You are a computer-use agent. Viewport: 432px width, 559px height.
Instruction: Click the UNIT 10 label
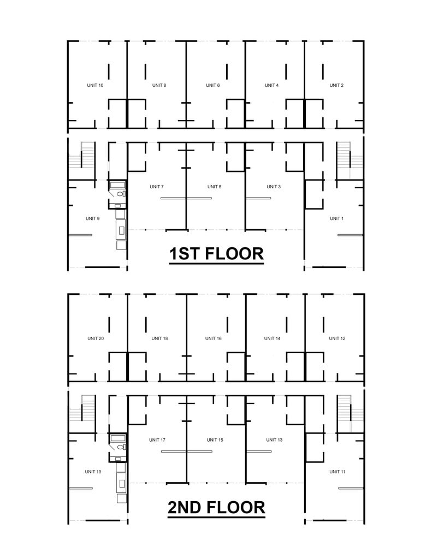click(95, 85)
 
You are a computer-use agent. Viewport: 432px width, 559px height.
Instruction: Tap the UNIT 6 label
click(212, 85)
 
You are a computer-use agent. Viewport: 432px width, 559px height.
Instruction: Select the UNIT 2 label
click(336, 85)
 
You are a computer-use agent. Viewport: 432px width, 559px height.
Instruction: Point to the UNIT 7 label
click(157, 187)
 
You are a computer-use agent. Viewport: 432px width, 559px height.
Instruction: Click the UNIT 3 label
click(274, 187)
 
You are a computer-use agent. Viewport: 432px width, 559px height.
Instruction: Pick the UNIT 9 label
click(92, 218)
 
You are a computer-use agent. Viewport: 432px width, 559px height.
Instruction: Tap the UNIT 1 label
click(336, 218)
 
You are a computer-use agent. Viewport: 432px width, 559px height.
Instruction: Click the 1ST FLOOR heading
click(216, 254)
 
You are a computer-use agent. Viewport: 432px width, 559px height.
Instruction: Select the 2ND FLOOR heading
click(216, 507)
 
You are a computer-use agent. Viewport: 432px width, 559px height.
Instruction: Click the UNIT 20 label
click(95, 338)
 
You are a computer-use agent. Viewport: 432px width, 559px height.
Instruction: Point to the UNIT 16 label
click(213, 338)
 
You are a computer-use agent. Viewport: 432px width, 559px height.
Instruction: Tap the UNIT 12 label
click(337, 338)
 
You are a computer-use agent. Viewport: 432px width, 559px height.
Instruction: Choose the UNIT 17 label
click(157, 440)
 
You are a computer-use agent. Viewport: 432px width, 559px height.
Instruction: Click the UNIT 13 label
click(274, 440)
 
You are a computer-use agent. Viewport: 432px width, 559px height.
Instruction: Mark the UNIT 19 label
click(93, 472)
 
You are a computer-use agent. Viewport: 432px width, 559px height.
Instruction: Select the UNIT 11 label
click(337, 472)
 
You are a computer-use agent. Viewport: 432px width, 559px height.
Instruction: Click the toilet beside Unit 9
click(120, 194)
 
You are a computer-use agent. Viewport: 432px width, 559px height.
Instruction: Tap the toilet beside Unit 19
click(120, 447)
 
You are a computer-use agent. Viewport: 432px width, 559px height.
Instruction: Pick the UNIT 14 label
click(272, 338)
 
